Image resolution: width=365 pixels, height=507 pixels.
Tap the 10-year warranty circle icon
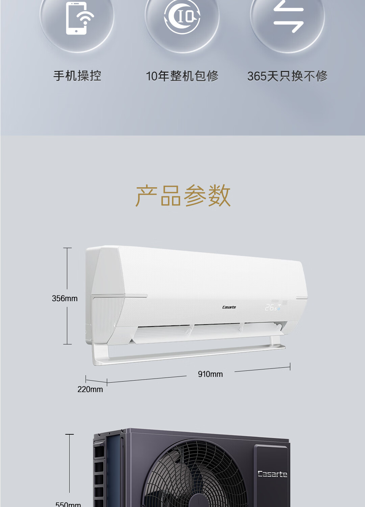point(182,17)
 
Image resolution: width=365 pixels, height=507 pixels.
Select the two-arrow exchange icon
point(288,17)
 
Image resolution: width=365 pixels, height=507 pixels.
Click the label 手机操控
point(77,76)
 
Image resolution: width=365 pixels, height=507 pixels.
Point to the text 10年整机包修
point(182,76)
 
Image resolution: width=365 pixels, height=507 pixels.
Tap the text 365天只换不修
point(287,76)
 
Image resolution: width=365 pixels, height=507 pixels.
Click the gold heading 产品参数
point(183,196)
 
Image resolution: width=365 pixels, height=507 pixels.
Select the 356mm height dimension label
point(65,298)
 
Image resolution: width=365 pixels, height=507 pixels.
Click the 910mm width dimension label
point(210,374)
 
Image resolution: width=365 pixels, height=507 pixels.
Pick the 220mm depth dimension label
point(90,389)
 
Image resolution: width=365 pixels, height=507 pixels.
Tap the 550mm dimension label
point(68,504)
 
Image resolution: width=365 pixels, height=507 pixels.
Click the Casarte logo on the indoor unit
point(229,307)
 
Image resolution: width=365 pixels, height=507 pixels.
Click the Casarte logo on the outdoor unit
point(272,474)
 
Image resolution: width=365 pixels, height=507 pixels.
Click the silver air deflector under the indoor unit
point(189,355)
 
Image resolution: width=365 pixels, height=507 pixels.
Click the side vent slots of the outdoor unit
point(99,473)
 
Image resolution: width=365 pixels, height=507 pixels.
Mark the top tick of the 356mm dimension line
point(67,248)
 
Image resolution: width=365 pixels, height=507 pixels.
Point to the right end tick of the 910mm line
point(290,366)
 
